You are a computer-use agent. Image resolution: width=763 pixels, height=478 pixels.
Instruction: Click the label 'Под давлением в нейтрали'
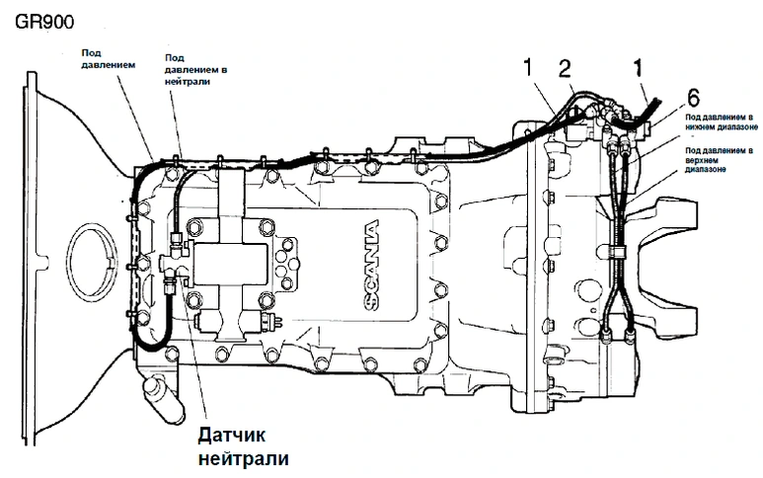201,70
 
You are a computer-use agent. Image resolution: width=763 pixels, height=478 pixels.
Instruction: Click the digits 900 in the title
57,19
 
